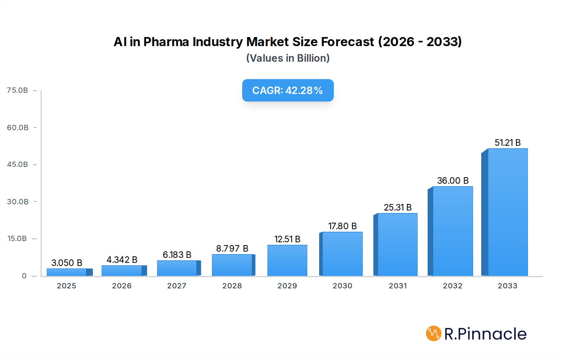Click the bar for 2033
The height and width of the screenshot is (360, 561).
point(507,212)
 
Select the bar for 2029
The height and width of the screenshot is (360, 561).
point(287,260)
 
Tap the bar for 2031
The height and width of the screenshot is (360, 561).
point(397,244)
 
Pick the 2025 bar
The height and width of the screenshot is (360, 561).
point(67,272)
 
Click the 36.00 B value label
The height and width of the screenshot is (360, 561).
point(453,181)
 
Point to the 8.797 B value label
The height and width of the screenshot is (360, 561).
point(232,249)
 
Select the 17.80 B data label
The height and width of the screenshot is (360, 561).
point(342,226)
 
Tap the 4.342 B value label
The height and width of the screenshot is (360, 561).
point(122,260)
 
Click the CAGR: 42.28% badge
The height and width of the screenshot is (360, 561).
point(288,90)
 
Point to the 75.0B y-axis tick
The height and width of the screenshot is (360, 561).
point(17,90)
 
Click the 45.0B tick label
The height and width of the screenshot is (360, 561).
point(17,164)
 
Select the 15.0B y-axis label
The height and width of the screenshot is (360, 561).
point(17,239)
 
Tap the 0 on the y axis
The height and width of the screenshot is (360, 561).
point(24,276)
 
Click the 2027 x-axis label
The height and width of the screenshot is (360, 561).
point(177,286)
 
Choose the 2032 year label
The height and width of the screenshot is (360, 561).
point(453,286)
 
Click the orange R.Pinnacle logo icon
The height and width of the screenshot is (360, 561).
point(433,334)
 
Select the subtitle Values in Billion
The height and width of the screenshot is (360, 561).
point(288,58)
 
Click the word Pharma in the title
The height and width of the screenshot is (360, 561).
point(166,42)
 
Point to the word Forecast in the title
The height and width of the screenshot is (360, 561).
point(348,42)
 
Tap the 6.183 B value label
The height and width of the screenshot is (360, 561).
point(177,255)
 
